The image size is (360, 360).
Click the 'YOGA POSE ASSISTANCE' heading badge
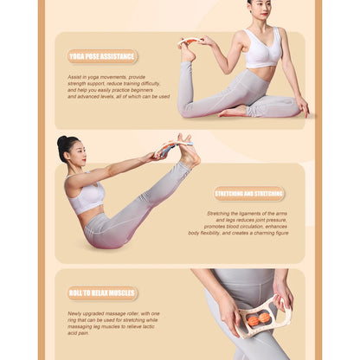[102, 56]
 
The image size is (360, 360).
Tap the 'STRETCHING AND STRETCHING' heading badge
[249, 194]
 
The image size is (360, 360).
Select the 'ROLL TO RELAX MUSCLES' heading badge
[102, 293]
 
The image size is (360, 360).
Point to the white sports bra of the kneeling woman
[262, 50]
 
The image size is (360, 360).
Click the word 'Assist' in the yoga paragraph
[76, 76]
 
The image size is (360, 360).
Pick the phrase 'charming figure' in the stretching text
[268, 233]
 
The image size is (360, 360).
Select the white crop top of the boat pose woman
[87, 197]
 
